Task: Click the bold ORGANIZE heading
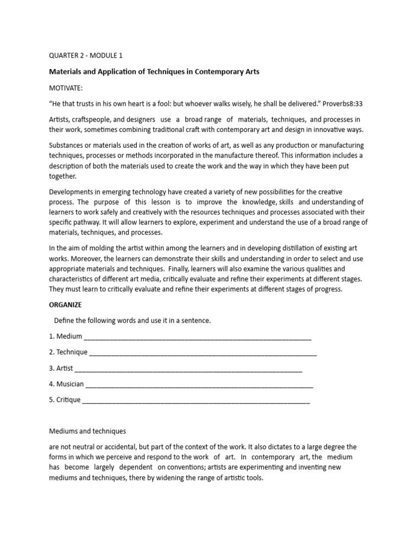[x=65, y=305]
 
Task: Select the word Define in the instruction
[x=65, y=320]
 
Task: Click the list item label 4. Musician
[x=66, y=384]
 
